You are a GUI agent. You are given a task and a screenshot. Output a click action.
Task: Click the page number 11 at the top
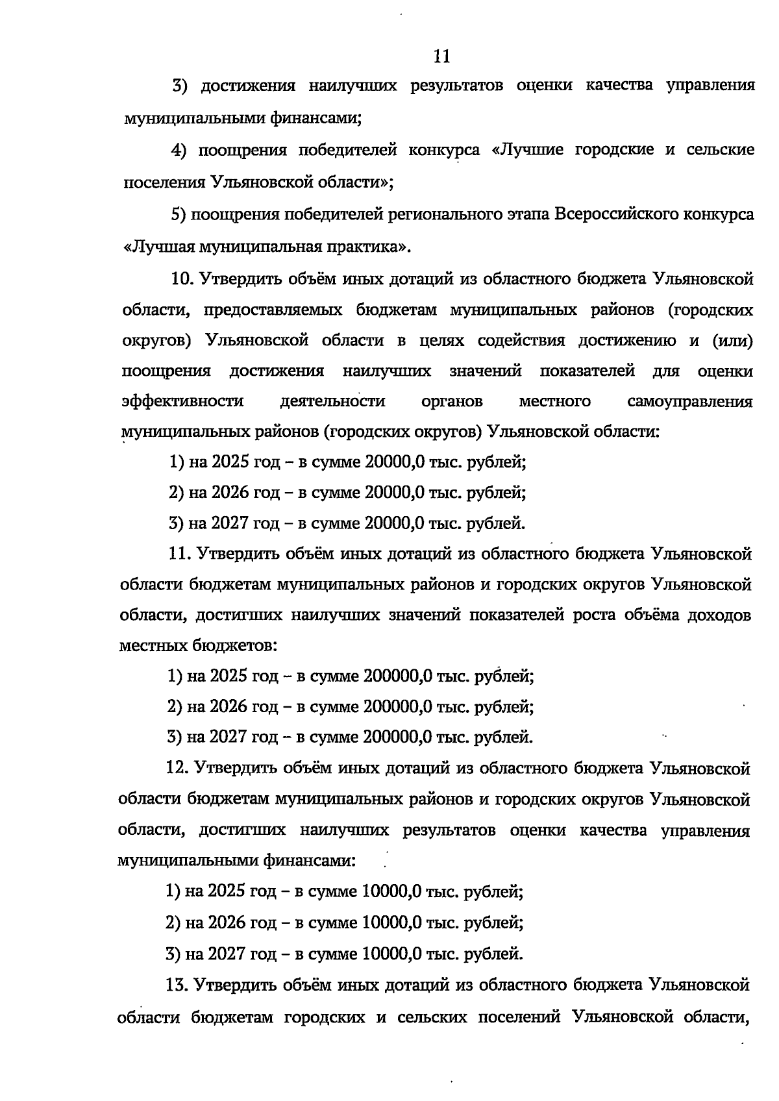pos(441,56)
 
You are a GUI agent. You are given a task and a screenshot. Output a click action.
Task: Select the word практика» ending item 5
pos(376,247)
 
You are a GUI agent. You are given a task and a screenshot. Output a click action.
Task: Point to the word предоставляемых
pos(273,310)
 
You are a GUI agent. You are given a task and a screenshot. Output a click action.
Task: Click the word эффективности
pos(182,402)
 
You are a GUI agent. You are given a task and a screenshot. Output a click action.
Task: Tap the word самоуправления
pos(690,402)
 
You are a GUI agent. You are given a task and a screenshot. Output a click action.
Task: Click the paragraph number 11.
pos(180,554)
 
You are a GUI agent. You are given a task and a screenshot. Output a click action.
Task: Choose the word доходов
pos(719,615)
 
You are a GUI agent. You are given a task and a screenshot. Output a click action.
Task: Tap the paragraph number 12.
pos(179,768)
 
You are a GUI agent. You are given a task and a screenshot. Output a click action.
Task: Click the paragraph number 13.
pos(178,985)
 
